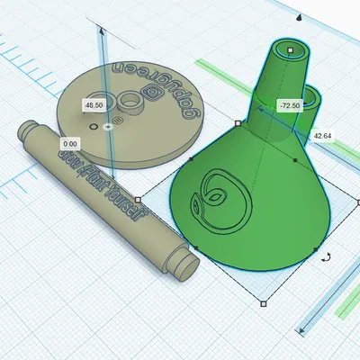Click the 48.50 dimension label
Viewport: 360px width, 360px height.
point(93,105)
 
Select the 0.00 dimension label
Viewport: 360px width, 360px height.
point(69,143)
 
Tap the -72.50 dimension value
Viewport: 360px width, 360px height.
point(289,105)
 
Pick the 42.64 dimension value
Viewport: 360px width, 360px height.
point(321,136)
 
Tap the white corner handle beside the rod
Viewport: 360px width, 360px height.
point(137,200)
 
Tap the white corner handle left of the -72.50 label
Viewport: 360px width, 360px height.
point(238,122)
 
